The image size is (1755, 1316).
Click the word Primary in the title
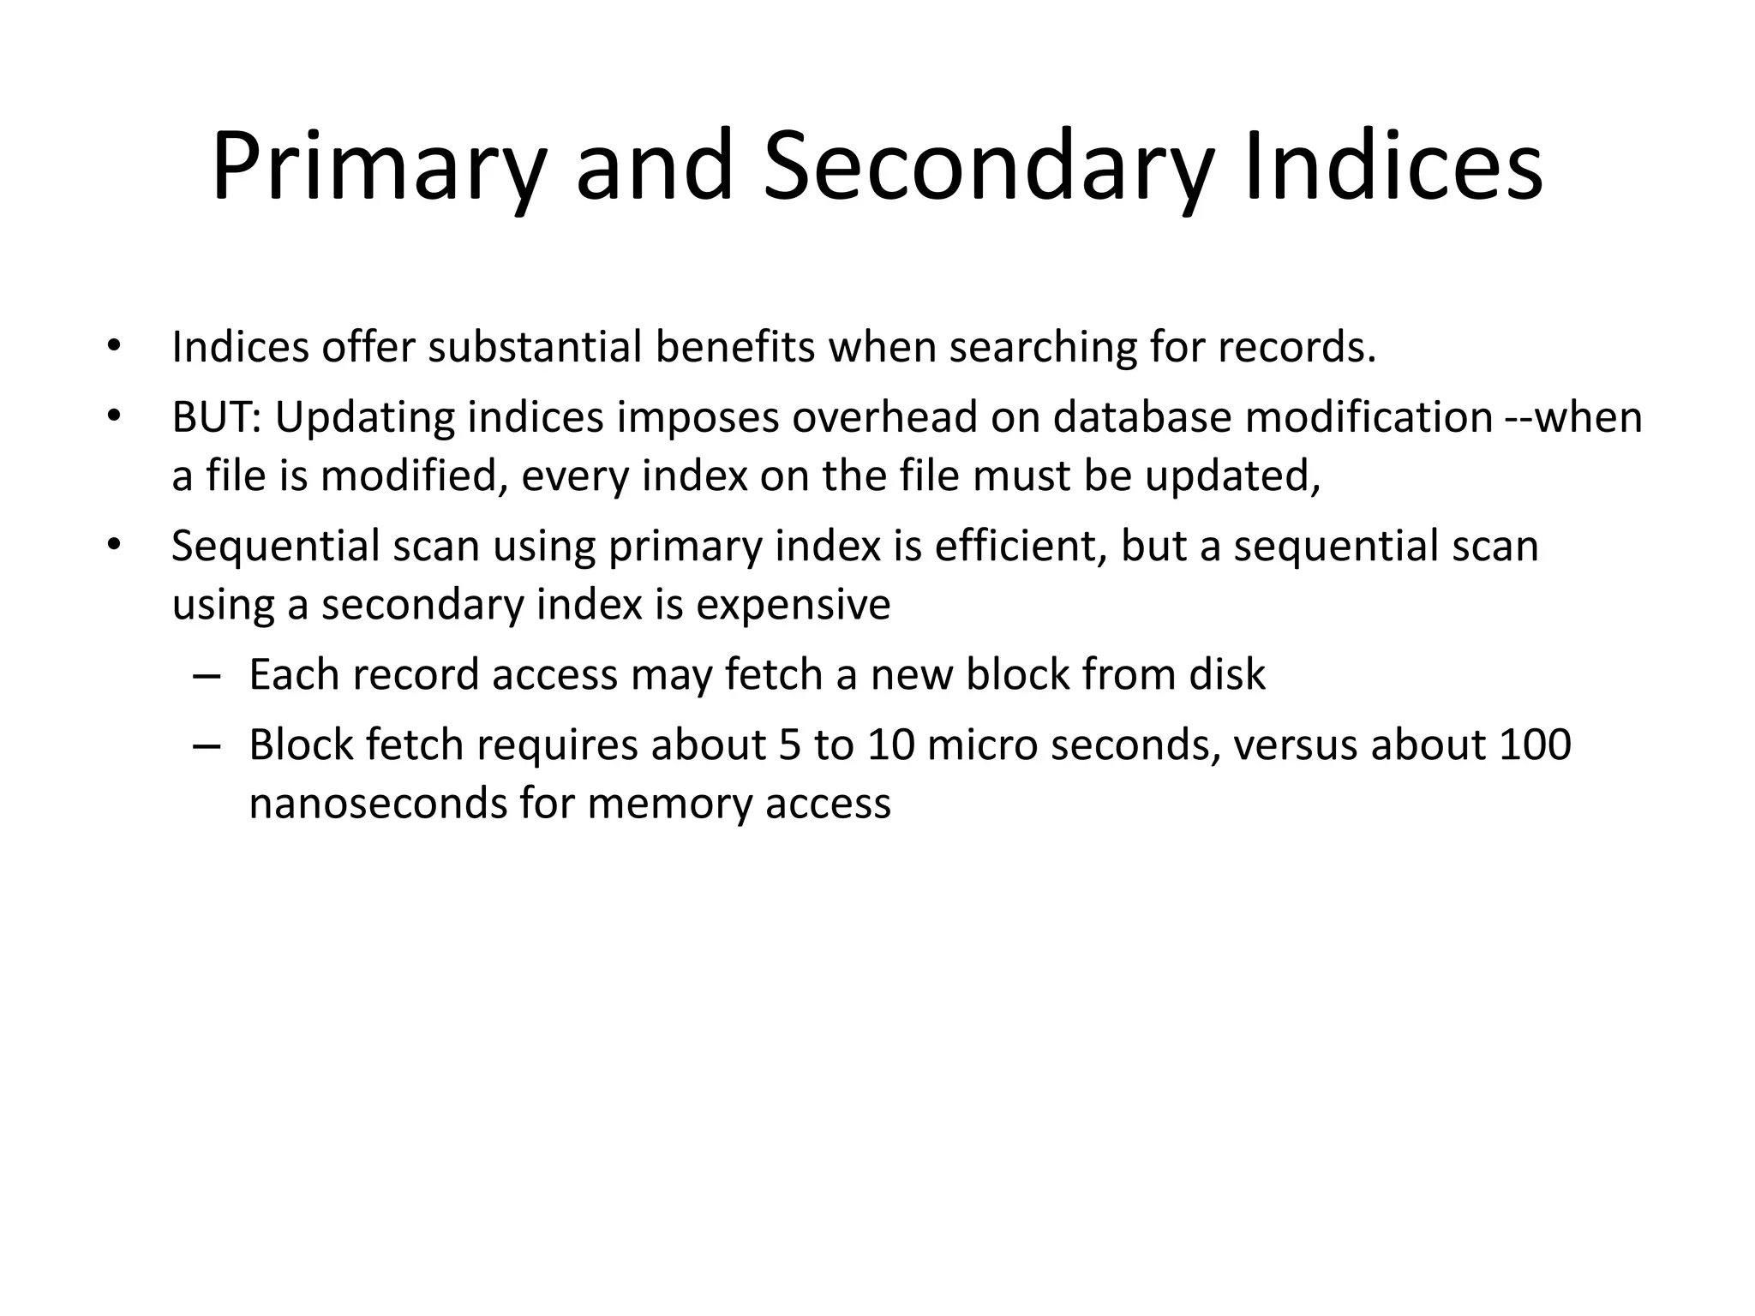[378, 167]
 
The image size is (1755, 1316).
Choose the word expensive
[793, 605]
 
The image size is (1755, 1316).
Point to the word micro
[983, 745]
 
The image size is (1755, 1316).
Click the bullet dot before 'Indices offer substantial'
[113, 348]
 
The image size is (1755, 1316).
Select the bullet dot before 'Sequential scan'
[113, 547]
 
